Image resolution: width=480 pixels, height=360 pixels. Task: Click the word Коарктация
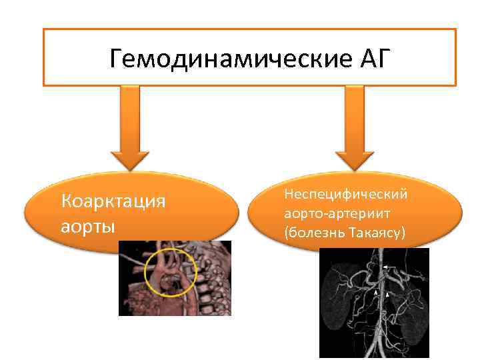113,201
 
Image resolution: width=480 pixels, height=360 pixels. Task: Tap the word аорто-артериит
338,214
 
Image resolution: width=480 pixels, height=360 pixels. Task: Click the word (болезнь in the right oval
312,234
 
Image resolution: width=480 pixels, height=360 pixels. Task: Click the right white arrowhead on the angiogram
387,293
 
